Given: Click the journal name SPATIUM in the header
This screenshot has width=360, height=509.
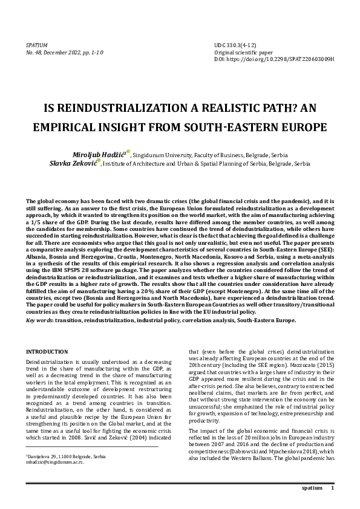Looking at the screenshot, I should coord(37,45).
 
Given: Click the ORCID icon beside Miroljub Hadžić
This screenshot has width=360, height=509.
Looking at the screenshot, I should coord(128,152).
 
